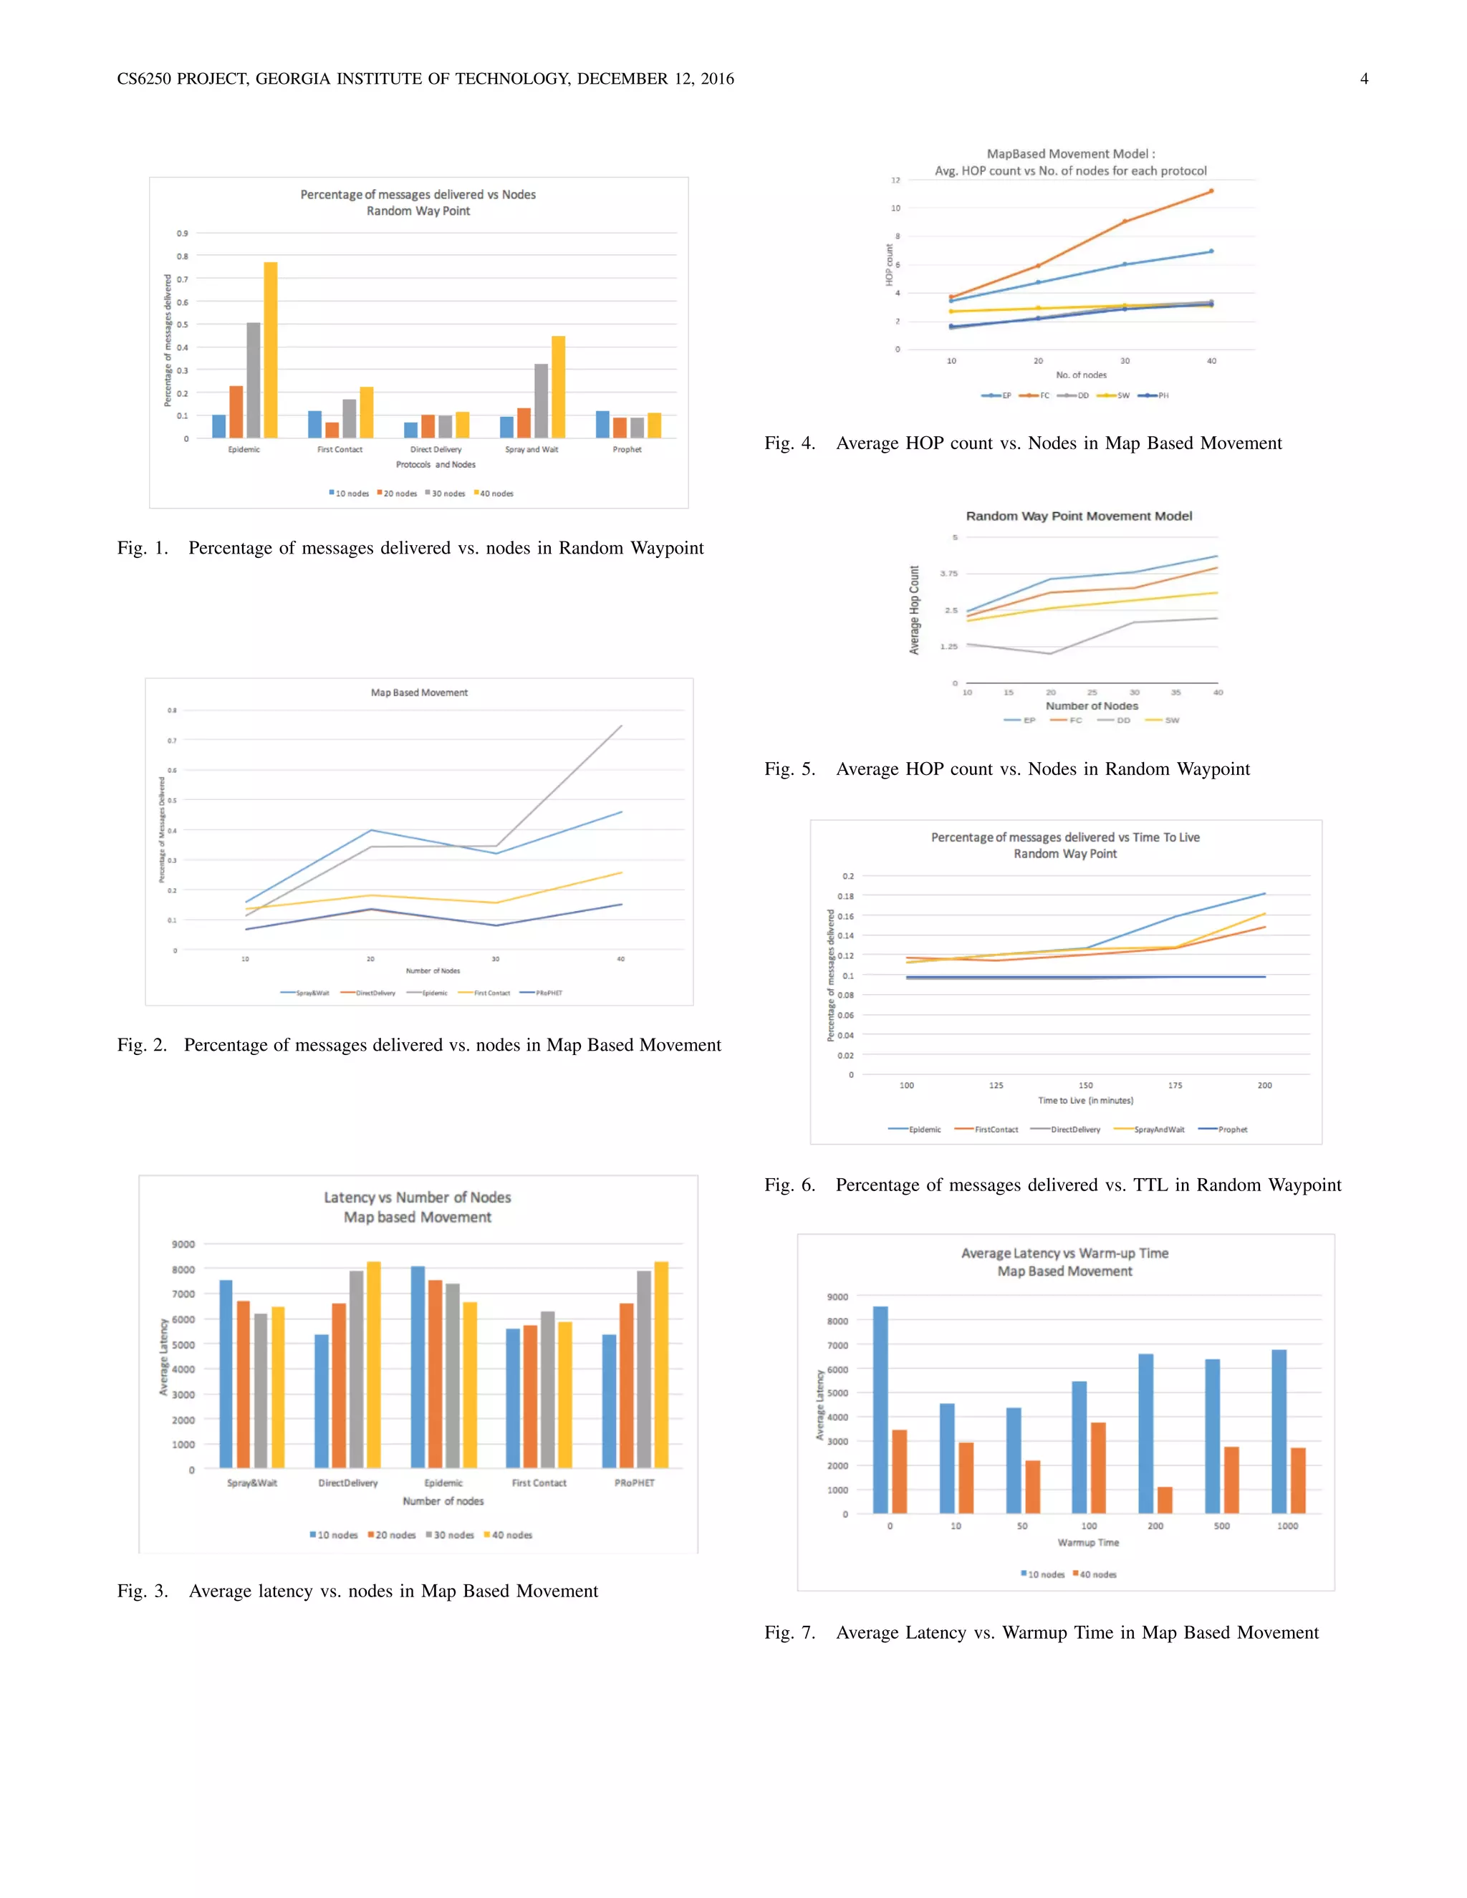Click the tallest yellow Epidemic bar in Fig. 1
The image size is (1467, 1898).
coord(270,350)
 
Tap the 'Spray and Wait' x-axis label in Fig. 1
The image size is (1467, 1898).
coord(532,449)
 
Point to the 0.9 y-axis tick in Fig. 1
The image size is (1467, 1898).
coord(183,233)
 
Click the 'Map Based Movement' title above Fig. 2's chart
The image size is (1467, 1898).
coord(419,693)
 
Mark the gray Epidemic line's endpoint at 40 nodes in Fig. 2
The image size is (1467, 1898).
coord(621,726)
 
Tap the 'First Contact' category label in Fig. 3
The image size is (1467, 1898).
coord(539,1483)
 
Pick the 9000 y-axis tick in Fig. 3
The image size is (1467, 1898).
coord(183,1245)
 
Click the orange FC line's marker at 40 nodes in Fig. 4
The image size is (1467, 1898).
coord(1211,191)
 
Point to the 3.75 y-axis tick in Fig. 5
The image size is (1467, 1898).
coord(948,574)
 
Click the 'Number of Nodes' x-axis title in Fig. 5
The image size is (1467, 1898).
coord(1092,705)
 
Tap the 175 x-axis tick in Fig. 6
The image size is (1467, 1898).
coord(1175,1085)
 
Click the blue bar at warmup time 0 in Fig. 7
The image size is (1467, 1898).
coord(880,1410)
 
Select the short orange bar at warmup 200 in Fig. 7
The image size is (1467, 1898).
coord(1165,1500)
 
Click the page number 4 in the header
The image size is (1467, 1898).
coord(1364,79)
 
